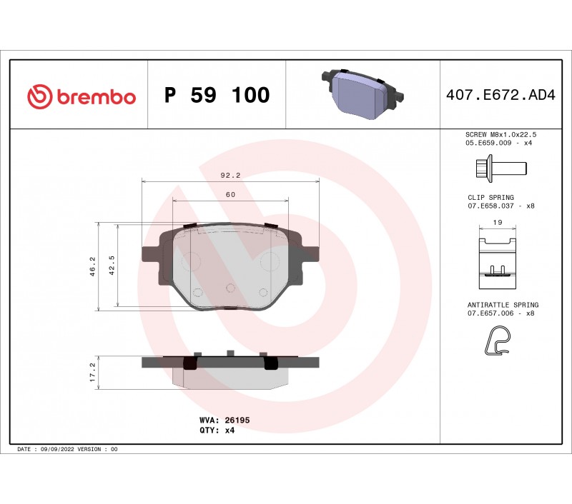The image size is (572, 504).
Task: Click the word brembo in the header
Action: (97, 97)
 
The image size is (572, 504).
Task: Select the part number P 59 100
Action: (217, 95)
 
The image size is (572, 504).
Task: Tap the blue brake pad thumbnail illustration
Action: (363, 94)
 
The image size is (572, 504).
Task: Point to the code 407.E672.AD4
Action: (500, 95)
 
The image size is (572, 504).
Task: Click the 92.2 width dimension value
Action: (230, 175)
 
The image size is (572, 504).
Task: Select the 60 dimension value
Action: (230, 194)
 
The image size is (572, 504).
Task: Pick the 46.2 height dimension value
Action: (93, 266)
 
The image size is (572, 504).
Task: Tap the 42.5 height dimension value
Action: (112, 265)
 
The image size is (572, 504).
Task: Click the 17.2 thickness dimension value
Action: (93, 372)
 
